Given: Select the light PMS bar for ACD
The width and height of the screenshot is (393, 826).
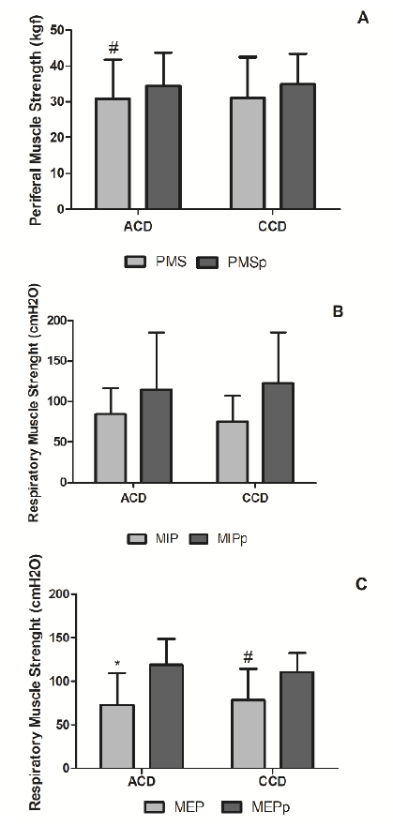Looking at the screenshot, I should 113,154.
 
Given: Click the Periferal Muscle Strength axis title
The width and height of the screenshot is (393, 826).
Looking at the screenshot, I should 35,118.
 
